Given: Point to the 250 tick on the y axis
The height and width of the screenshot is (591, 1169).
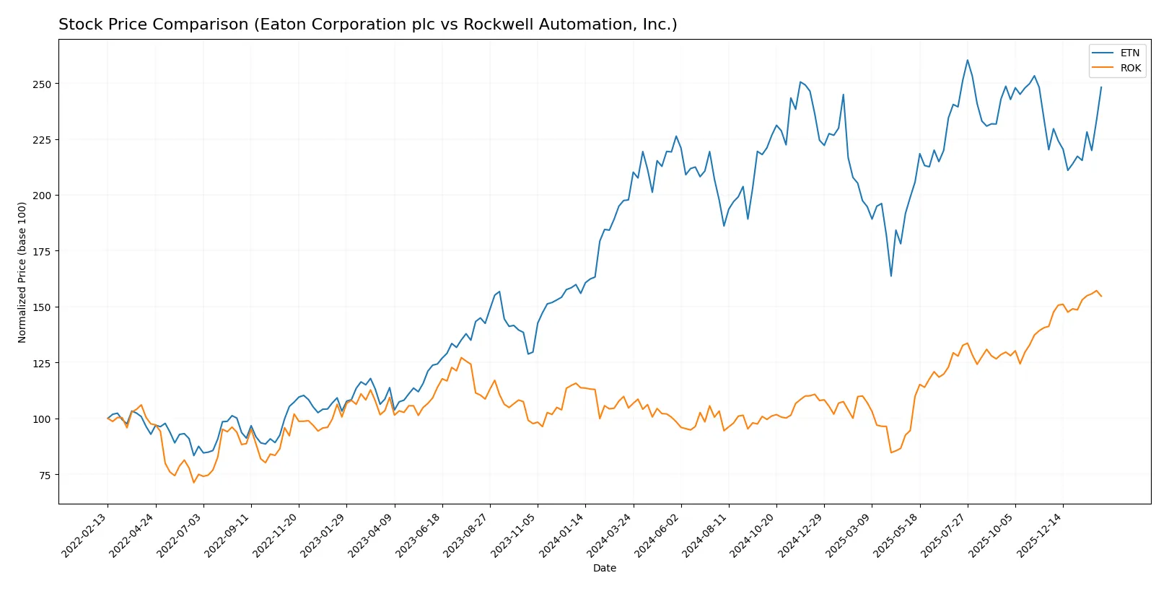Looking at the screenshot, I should pyautogui.click(x=42, y=84).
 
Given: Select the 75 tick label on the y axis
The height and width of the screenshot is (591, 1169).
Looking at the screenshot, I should pyautogui.click(x=45, y=475).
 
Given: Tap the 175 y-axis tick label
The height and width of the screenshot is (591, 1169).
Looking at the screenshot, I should pyautogui.click(x=42, y=252).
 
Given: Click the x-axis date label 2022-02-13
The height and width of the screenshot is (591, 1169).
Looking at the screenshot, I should pyautogui.click(x=85, y=535).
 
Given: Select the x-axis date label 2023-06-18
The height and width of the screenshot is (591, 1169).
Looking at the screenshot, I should pyautogui.click(x=419, y=535).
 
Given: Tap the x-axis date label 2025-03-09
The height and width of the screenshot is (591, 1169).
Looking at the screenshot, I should pyautogui.click(x=849, y=535).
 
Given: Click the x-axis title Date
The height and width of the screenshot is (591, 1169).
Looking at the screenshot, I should pyautogui.click(x=604, y=568).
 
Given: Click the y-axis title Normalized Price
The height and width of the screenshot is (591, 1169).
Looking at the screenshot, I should pyautogui.click(x=22, y=272).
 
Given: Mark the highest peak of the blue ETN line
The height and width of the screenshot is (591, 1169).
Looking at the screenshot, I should pyautogui.click(x=967, y=60).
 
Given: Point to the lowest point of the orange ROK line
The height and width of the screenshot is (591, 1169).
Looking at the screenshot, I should pyautogui.click(x=193, y=482).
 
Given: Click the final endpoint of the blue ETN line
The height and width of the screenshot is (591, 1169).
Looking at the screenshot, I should pyautogui.click(x=1101, y=87).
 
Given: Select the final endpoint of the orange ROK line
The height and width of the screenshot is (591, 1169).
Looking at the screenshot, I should pyautogui.click(x=1101, y=296).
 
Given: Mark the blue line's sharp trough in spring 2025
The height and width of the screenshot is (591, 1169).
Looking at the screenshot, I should pyautogui.click(x=890, y=276).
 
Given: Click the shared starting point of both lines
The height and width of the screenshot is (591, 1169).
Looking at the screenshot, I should pyautogui.click(x=108, y=419).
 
